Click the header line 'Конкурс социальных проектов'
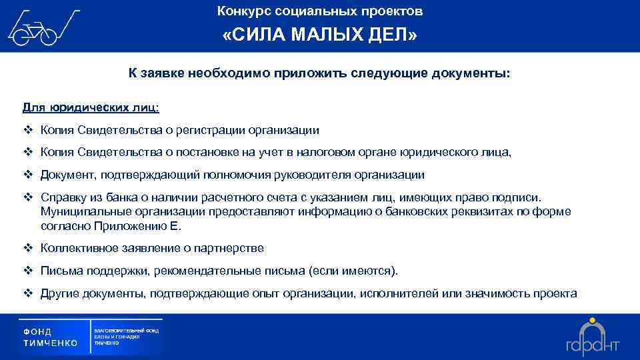point(320,11)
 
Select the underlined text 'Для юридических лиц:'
point(91,107)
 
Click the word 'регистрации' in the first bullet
point(216,130)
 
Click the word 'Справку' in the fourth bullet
point(61,198)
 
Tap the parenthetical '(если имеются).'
point(353,271)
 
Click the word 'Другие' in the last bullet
point(58,293)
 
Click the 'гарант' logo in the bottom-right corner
point(592,337)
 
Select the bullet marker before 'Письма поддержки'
point(28,271)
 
